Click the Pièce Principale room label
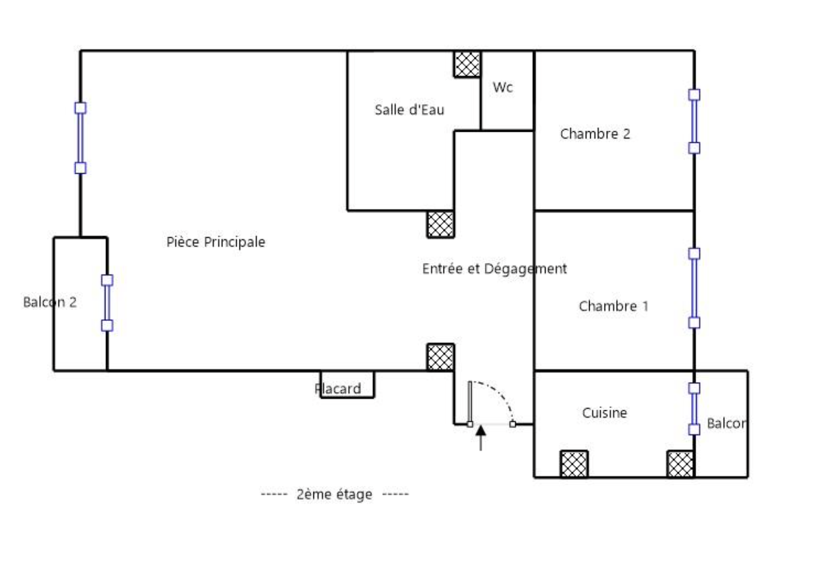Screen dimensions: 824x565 (216, 242)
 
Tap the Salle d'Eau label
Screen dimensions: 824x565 (410, 109)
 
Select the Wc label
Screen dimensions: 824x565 (503, 88)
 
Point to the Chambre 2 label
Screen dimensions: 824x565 (595, 134)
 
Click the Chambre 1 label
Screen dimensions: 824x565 (614, 306)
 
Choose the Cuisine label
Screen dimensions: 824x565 (605, 413)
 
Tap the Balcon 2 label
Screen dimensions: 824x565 (50, 303)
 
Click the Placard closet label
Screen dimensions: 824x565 (338, 389)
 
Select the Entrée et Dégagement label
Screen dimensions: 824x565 (495, 269)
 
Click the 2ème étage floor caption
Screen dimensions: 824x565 (335, 495)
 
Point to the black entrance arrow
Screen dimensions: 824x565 (480, 437)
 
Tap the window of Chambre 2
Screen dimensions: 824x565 (694, 121)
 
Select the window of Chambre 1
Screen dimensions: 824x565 (694, 288)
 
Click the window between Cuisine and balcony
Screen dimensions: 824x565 (694, 409)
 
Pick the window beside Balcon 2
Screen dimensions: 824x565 (107, 303)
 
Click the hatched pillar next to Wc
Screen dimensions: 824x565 (467, 64)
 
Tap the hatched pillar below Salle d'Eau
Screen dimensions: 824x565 (441, 225)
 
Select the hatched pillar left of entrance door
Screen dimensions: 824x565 (441, 357)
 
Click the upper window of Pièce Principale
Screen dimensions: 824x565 (81, 138)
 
